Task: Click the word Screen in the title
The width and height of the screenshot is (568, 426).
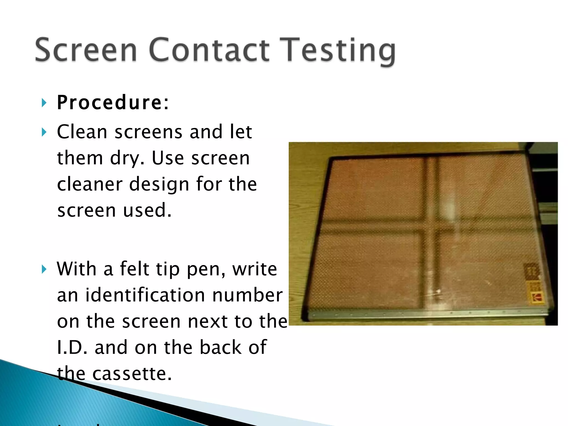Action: (x=86, y=50)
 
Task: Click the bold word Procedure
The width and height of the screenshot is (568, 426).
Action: (x=110, y=103)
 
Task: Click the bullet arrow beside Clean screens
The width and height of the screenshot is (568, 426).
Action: (x=44, y=132)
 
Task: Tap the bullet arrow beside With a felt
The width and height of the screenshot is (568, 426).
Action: (x=44, y=269)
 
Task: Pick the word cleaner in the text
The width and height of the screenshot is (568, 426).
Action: (x=90, y=184)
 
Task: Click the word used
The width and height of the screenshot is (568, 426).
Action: (x=147, y=210)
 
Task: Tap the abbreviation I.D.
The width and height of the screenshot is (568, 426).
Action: (x=72, y=347)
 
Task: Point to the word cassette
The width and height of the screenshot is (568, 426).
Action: (x=132, y=373)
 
